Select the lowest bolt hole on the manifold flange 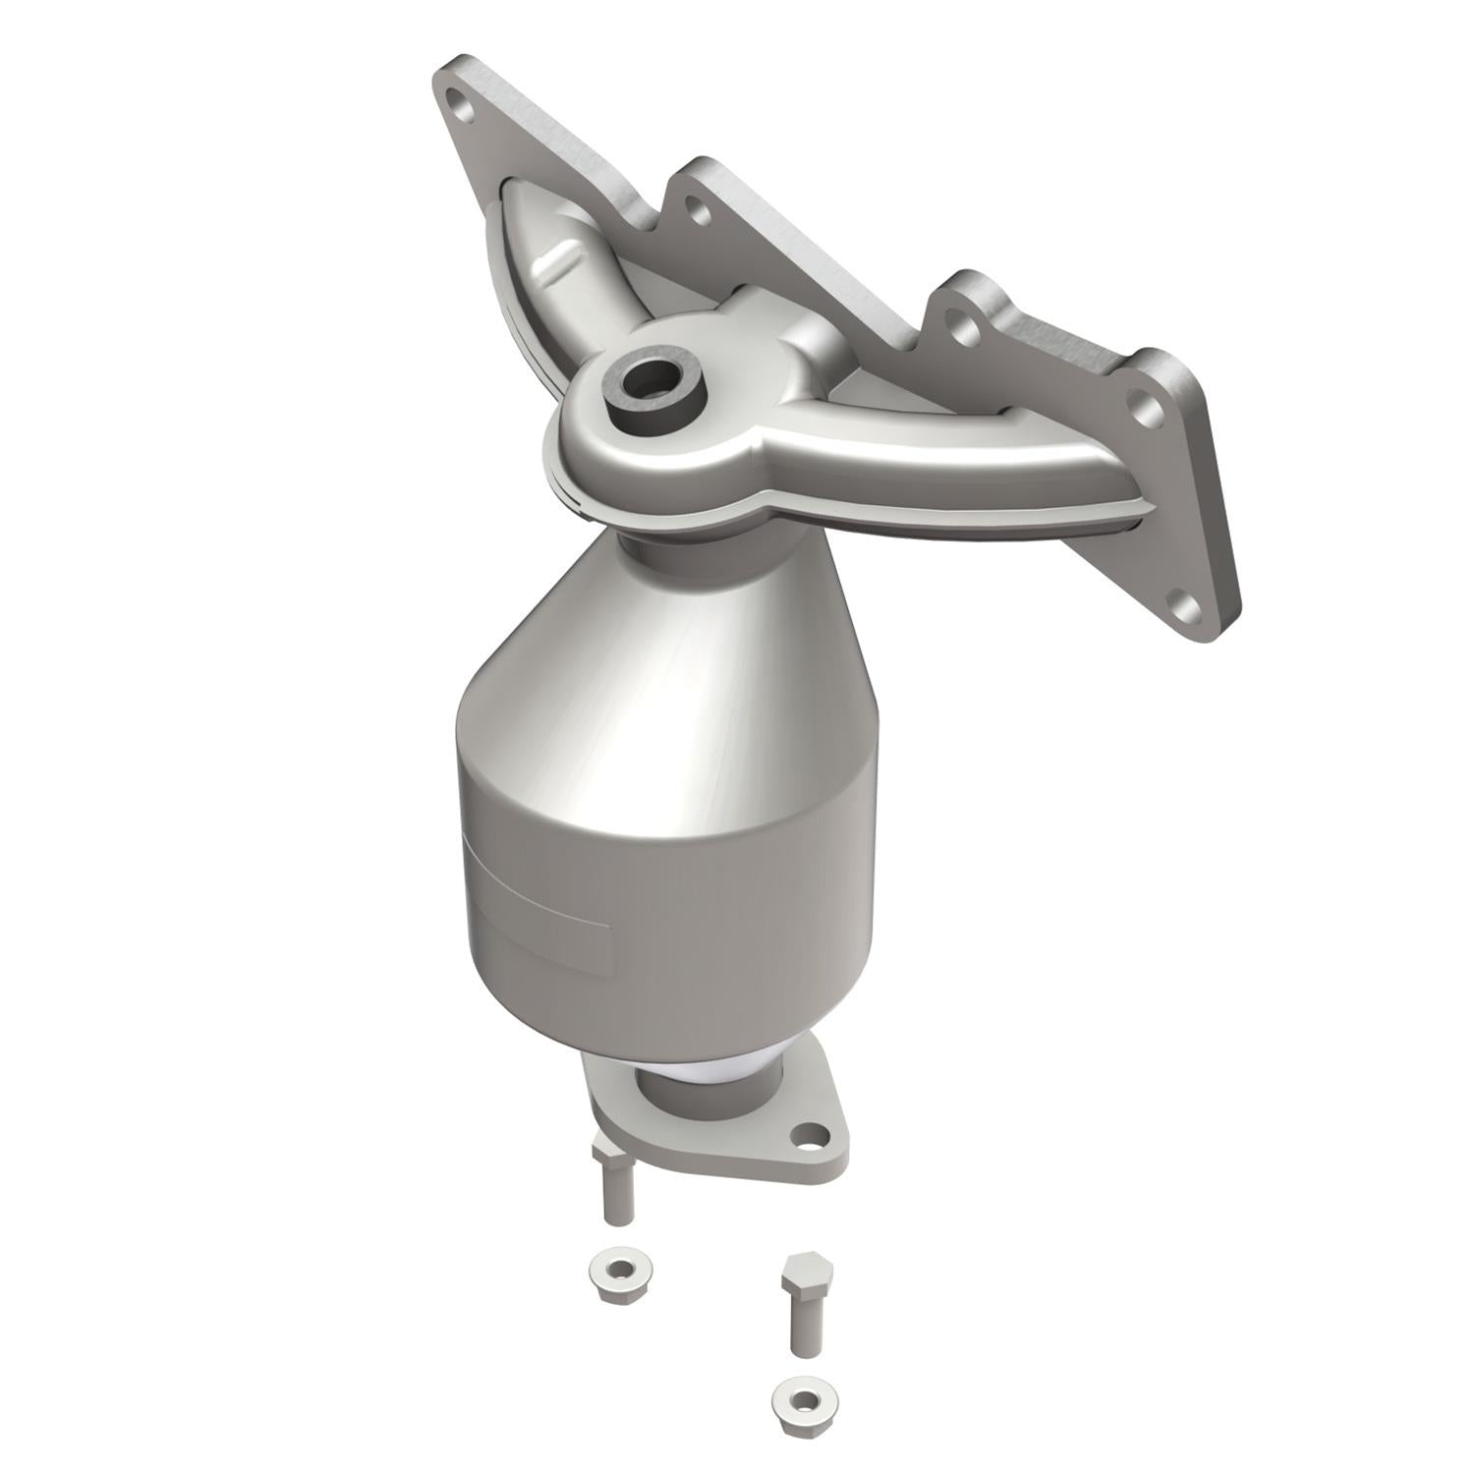coord(1186,603)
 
